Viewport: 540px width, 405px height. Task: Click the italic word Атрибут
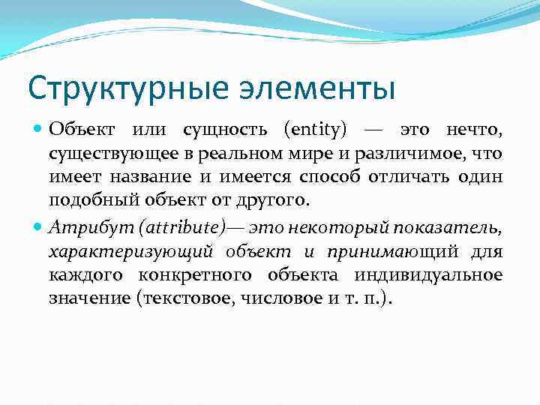78,229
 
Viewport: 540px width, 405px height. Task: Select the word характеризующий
129,252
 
